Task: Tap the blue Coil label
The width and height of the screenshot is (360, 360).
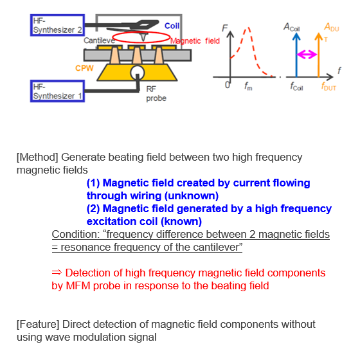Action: pos(172,26)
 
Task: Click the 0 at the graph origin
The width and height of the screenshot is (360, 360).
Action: pos(228,85)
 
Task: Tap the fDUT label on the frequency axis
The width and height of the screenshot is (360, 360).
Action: pos(327,87)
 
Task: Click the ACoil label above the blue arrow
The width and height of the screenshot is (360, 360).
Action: pos(294,27)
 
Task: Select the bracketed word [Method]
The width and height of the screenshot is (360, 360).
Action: pos(38,157)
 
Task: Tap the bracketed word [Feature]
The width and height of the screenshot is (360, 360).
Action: pos(39,324)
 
